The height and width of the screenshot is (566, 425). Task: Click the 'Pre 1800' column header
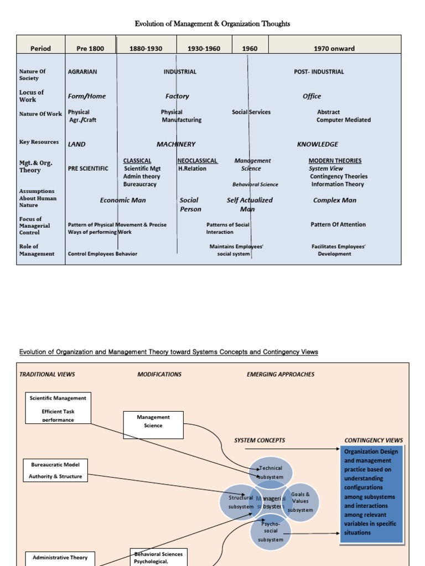coord(90,49)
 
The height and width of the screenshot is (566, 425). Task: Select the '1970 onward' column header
coord(334,49)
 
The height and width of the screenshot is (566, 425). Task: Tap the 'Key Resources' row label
coord(39,142)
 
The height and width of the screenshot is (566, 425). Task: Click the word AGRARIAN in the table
coord(82,72)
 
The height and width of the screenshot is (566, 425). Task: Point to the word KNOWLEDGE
coord(317,144)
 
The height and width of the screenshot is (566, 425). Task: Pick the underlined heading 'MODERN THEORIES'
coord(335,161)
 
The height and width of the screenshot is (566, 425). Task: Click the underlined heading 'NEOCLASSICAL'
coord(197,161)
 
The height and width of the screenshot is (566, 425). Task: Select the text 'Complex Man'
coord(334,200)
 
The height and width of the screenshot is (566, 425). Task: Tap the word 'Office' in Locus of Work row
coord(312,96)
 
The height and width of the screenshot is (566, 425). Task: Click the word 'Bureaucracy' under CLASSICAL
coord(139,184)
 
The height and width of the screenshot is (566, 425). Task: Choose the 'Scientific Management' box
coord(58,408)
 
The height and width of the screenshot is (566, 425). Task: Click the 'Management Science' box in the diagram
coord(153,421)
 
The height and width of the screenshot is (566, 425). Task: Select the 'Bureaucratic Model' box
coord(55,470)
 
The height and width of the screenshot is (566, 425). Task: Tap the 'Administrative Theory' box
coord(60,558)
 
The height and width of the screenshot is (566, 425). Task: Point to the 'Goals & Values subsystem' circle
coord(300,502)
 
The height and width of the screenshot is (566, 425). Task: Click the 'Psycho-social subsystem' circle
coord(271,531)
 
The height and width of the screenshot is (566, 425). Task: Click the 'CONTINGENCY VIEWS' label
coord(374,441)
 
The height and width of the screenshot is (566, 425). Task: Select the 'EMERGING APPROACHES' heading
coord(280,374)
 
